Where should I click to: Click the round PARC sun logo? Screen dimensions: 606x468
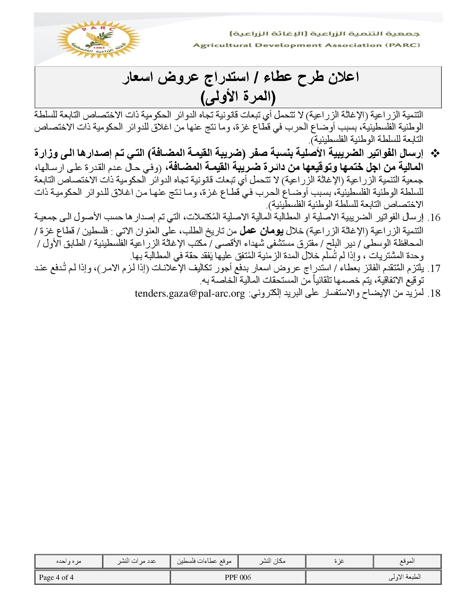[99, 39]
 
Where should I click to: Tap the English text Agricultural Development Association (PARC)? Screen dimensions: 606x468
[306, 45]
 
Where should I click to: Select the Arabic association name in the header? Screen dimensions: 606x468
[325, 34]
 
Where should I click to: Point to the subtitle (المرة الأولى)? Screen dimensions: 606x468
[238, 98]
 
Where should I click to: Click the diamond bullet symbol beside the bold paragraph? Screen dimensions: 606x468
[436, 153]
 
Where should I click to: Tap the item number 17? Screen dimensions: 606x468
[434, 269]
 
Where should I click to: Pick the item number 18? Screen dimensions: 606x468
[434, 294]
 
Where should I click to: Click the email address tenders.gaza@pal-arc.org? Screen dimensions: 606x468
[190, 294]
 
